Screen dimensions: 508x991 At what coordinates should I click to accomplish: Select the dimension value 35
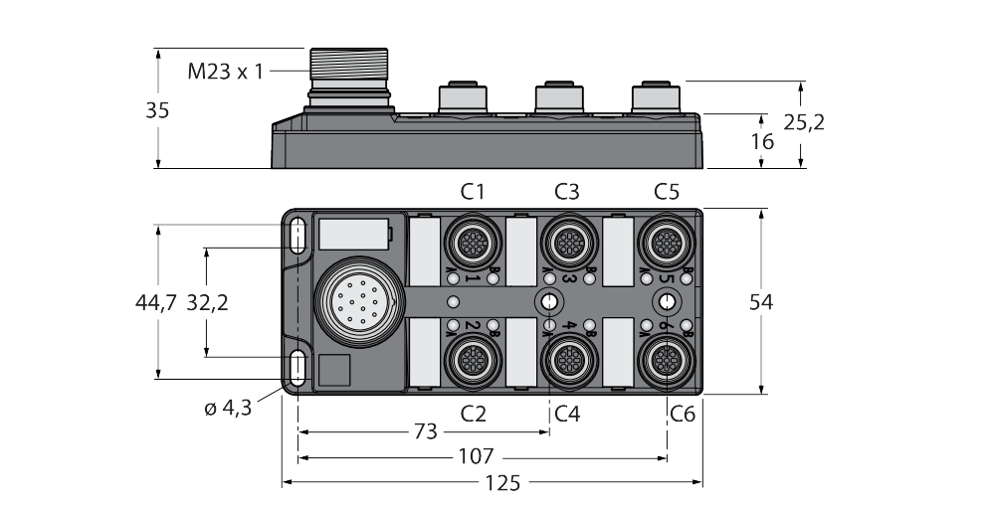tap(157, 110)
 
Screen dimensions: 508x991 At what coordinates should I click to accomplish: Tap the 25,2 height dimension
tap(804, 122)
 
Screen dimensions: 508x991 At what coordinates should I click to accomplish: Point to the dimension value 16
tap(762, 141)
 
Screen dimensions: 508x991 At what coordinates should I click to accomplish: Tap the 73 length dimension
tap(424, 432)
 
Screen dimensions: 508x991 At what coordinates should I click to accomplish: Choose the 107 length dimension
tap(483, 458)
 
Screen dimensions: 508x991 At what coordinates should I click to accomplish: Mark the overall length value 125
tap(493, 484)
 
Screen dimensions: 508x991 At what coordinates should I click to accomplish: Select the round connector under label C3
tap(568, 241)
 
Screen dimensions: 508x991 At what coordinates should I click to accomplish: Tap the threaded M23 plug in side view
tap(347, 75)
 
